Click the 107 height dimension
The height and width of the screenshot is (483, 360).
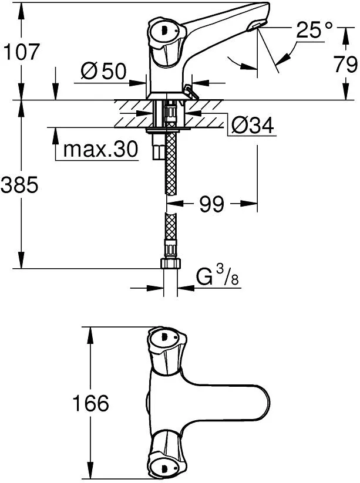click(22, 52)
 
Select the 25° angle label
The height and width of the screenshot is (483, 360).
click(314, 29)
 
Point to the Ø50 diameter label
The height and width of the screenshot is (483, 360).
click(103, 71)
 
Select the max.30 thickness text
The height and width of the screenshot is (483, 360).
click(100, 150)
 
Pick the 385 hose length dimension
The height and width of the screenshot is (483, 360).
click(19, 185)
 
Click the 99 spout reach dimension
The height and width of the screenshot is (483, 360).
click(211, 204)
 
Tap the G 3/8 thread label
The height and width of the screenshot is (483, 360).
click(217, 276)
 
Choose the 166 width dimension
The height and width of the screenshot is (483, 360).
click(90, 403)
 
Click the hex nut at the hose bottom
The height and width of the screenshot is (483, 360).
click(170, 264)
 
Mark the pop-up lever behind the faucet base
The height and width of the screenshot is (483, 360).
click(191, 93)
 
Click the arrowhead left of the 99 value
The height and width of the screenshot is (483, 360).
click(175, 204)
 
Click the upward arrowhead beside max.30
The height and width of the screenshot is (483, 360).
click(55, 136)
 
